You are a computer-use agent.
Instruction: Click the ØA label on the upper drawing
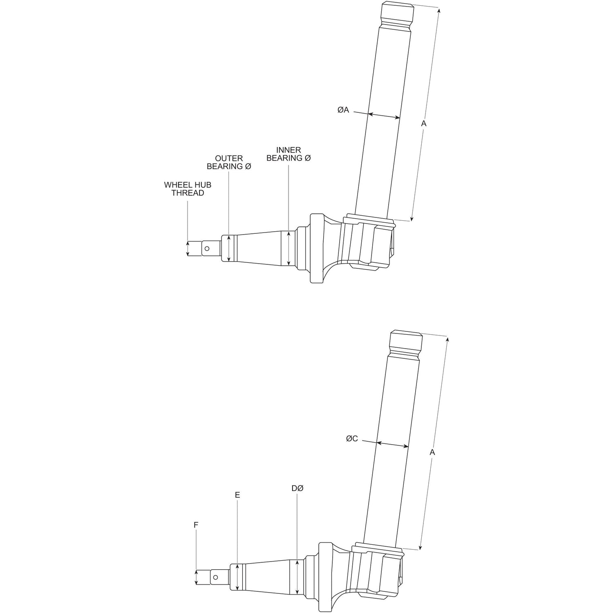343,110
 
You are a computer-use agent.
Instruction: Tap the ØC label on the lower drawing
352,439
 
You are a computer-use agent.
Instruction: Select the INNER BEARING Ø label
289,154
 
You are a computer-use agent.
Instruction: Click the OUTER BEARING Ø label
229,162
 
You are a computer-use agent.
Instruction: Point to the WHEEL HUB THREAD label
188,189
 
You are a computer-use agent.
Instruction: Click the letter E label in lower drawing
237,495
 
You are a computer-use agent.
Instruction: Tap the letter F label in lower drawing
196,524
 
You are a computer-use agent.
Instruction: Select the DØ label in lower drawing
298,488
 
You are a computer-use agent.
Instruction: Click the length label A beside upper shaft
424,123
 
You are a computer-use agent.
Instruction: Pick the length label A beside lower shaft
432,452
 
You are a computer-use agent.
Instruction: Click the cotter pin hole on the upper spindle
207,248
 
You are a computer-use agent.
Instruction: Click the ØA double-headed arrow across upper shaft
384,116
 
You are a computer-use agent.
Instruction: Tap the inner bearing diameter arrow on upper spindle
289,248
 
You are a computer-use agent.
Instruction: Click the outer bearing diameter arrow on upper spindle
229,248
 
